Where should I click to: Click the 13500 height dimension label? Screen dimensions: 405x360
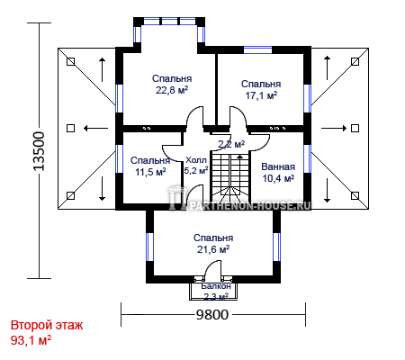[39, 151]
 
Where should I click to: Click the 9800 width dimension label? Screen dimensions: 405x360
[212, 314]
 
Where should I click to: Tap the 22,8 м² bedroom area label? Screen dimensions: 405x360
[172, 84]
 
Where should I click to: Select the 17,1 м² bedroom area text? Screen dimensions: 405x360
[261, 90]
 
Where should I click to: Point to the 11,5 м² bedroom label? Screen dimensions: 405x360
[150, 166]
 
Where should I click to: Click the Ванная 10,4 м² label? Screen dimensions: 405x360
[278, 173]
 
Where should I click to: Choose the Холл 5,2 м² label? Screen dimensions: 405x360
[196, 166]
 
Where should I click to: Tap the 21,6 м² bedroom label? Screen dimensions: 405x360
[213, 244]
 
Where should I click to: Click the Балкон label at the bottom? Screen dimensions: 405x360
[216, 286]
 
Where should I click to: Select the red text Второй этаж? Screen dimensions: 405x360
[47, 325]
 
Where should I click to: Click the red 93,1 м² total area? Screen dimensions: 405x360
[31, 340]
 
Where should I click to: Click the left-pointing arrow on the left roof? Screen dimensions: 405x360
[95, 129]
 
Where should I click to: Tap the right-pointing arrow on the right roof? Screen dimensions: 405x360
[334, 129]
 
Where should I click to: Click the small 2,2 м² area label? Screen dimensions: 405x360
[231, 144]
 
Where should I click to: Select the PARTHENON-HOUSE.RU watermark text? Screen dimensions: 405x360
[248, 206]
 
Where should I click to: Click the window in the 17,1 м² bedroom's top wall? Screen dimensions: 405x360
[257, 49]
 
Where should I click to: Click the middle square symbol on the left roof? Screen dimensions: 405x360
[70, 129]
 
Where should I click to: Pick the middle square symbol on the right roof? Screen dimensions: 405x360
[355, 129]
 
